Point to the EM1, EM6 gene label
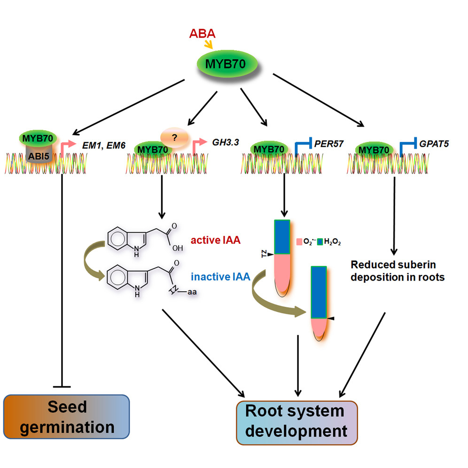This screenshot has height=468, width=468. click(x=104, y=140)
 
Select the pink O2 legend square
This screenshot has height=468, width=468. click(x=299, y=242)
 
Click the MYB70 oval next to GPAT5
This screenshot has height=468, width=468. click(x=373, y=149)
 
